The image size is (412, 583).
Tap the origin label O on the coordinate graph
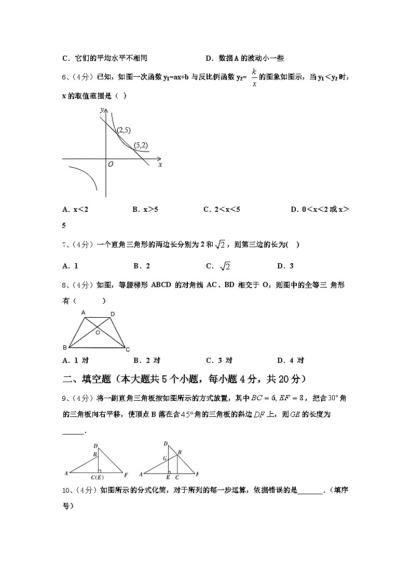pyautogui.click(x=111, y=164)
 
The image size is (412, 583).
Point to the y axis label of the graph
pyautogui.click(x=102, y=110)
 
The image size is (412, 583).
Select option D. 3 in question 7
pyautogui.click(x=285, y=266)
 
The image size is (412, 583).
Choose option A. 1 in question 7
pyautogui.click(x=70, y=266)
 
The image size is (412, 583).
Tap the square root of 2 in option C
pyautogui.click(x=225, y=266)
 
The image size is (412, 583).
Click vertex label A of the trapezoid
pyautogui.click(x=83, y=313)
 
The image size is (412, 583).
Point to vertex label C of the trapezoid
pyautogui.click(x=128, y=349)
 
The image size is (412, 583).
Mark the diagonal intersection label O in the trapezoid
pyautogui.click(x=97, y=332)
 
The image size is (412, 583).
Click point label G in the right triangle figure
pyautogui.click(x=164, y=458)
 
